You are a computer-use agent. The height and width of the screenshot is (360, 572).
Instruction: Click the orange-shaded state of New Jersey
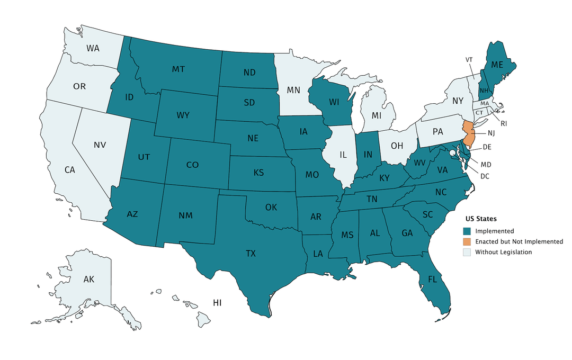click(468, 134)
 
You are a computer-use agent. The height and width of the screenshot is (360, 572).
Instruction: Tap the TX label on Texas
click(251, 254)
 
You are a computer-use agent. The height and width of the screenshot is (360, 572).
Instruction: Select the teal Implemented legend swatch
click(467, 231)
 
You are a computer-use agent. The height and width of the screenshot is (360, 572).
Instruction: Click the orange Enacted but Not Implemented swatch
click(467, 241)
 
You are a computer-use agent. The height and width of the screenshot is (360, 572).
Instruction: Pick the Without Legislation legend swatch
click(467, 252)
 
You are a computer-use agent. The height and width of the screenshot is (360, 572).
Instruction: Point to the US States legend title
click(480, 219)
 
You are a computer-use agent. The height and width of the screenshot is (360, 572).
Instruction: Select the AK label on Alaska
click(88, 279)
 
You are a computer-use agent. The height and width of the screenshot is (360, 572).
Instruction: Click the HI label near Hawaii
click(217, 303)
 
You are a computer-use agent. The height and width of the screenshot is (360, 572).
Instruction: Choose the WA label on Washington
click(93, 48)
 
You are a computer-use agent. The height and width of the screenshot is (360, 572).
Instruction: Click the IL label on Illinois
click(343, 155)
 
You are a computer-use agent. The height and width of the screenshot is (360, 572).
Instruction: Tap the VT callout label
click(469, 59)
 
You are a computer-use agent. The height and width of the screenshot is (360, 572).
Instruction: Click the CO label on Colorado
click(192, 165)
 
